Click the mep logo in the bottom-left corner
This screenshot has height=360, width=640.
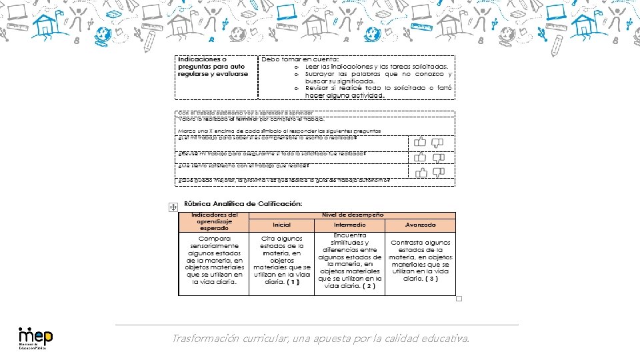tap(35, 337)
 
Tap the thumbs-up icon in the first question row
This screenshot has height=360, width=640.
tap(420, 142)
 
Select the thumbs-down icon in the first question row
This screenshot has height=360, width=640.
tap(437, 143)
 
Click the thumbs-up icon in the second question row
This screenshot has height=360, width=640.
tap(420, 157)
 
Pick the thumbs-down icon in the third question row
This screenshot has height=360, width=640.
tap(437, 173)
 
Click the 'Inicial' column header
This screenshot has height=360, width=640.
tap(282, 225)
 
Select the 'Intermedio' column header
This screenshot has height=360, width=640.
tap(349, 225)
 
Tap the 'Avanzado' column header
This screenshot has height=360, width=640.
tap(420, 225)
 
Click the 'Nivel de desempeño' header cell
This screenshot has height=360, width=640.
tap(352, 215)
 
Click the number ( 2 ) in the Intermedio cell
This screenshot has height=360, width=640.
tap(369, 286)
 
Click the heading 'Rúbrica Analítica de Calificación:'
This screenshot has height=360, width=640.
tap(243, 203)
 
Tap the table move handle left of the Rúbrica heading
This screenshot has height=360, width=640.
tap(172, 207)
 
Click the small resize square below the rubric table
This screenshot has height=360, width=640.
tap(459, 299)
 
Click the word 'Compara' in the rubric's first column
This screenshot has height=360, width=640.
tap(213, 238)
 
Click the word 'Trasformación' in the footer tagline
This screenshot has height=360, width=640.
tap(203, 339)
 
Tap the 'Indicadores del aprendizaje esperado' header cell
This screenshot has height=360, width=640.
tap(214, 221)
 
